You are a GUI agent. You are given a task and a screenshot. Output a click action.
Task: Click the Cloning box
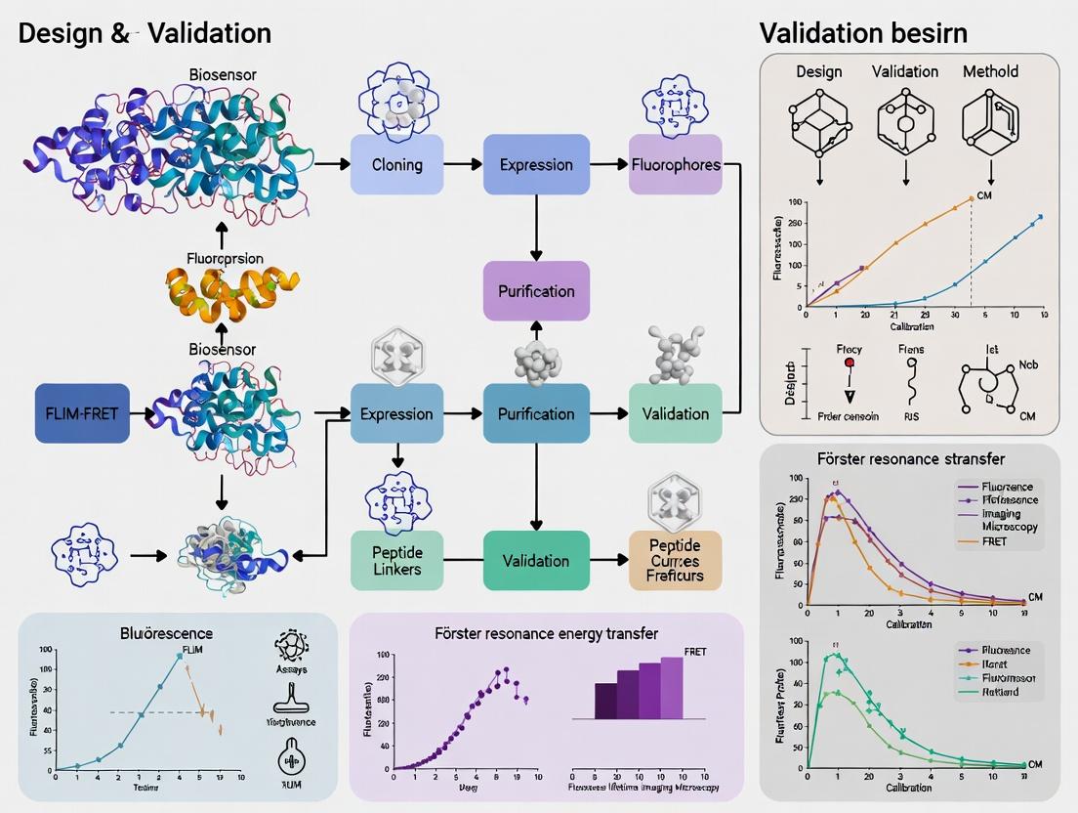(x=396, y=163)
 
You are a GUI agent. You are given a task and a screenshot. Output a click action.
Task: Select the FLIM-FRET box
(x=81, y=413)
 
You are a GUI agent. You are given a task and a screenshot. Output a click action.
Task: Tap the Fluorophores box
(x=675, y=163)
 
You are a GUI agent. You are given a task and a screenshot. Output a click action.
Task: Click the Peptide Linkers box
(x=396, y=560)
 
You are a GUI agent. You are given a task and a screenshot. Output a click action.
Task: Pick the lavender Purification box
(x=536, y=290)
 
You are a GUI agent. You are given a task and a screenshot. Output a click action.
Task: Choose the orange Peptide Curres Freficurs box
(x=675, y=561)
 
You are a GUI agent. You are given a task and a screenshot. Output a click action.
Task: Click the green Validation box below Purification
(x=535, y=560)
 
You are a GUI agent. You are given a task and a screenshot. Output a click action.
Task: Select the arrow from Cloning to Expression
(x=463, y=163)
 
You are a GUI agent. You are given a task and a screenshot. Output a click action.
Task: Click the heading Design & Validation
(x=145, y=32)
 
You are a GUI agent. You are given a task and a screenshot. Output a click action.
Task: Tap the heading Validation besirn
(x=863, y=32)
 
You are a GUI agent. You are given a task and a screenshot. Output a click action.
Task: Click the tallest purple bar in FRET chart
(x=672, y=688)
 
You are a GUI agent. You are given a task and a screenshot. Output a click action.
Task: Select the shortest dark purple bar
(x=605, y=701)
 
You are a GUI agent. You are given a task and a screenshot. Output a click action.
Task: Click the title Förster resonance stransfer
(x=909, y=459)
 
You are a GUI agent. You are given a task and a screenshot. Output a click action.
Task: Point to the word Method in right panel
(x=990, y=71)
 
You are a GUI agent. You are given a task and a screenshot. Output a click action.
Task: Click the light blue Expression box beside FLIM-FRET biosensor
(x=396, y=413)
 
